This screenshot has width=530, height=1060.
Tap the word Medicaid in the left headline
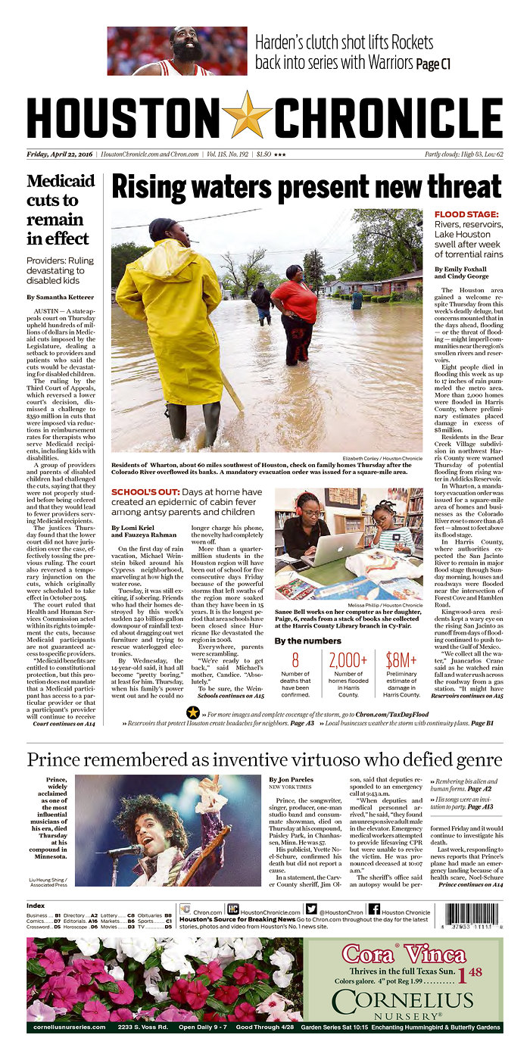61,182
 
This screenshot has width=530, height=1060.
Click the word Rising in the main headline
155,186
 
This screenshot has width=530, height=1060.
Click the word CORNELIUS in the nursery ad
402,1001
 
